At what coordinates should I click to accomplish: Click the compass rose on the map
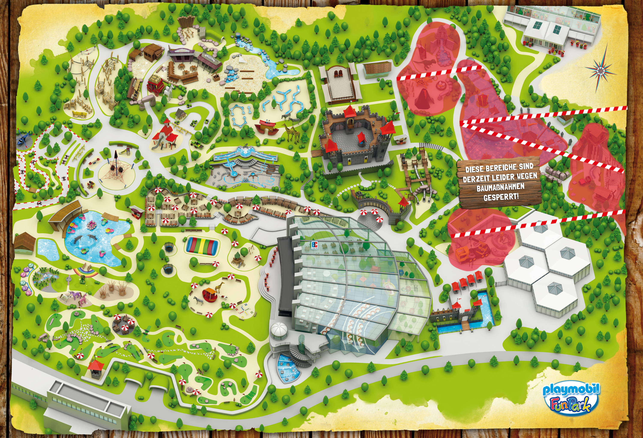click(x=600, y=69)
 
